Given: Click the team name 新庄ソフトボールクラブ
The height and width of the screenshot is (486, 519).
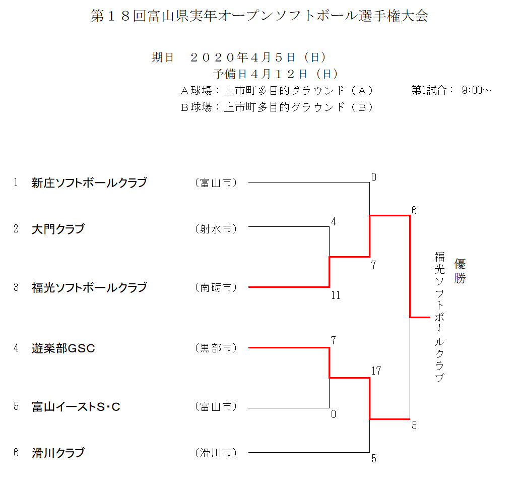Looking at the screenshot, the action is pos(89,183).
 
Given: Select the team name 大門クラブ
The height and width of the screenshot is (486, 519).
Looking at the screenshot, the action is pos(58,229).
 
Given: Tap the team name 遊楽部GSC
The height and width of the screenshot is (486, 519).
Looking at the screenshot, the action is pos(63,348).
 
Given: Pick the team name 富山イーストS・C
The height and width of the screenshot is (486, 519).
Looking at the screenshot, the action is pos(76,406).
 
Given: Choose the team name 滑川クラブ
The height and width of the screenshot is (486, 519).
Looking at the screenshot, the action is pos(58,453).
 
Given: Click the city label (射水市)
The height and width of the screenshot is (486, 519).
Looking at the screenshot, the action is pos(216,229).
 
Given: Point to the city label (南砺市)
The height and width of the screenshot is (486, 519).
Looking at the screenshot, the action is pos(216,287).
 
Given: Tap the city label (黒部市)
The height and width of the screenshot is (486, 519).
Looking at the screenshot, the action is pos(216,348).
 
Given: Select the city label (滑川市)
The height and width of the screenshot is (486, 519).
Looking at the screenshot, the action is pos(216,453).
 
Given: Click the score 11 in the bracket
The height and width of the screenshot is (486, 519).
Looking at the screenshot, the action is pos(336,295).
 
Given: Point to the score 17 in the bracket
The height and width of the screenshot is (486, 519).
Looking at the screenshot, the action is pos(376,371).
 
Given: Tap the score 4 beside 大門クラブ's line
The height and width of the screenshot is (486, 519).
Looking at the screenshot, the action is pos(333,222).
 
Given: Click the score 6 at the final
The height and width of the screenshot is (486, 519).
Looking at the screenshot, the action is pos(414,211).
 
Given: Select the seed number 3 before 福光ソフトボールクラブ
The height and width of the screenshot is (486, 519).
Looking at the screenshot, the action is pos(16,287).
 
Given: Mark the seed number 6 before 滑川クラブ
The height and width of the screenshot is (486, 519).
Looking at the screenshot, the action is pos(16,453).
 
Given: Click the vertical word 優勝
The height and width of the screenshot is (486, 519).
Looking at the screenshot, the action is pos(460,271).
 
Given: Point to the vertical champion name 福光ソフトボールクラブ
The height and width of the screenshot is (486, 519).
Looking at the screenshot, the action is pos(439,317).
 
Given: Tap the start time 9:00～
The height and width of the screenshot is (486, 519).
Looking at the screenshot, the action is pos(477,90).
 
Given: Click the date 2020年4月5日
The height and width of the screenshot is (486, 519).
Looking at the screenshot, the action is pos(242,57).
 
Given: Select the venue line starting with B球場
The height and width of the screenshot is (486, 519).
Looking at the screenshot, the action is pos(277,107).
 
